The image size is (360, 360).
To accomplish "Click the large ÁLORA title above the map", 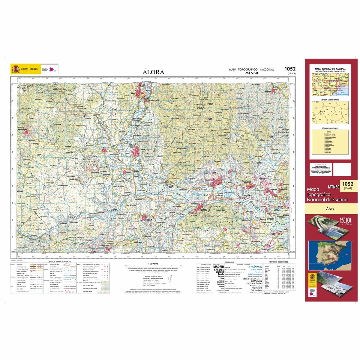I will tap(153, 72).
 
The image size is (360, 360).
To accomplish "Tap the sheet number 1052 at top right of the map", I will tap(290, 69).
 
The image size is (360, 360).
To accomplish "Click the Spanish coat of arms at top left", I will tap(15, 69).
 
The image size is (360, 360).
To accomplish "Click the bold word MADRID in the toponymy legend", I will tap(218, 267).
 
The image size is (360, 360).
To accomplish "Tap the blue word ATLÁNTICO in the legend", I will tap(255, 267).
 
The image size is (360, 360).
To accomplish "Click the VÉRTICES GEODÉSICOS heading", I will tap(279, 262).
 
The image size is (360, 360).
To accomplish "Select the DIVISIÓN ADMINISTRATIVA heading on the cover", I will tap(330, 100).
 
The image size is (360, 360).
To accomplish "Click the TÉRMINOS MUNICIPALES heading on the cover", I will tap(330, 128).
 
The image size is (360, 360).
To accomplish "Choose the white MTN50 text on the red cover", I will tap(333, 187).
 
